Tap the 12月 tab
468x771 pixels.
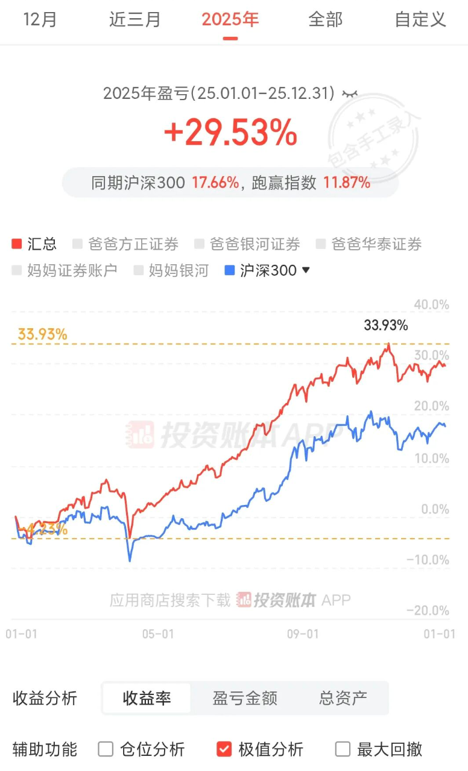point(40,19)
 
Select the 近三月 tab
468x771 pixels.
point(135,19)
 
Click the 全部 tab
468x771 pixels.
point(325,19)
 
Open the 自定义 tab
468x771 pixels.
point(420,19)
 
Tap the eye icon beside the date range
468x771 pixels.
point(350,94)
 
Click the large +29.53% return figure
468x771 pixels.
point(230,133)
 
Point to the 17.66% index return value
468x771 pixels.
point(215,183)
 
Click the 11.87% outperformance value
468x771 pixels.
point(347,183)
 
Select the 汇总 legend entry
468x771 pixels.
point(34,244)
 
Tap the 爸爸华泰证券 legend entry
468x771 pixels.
point(369,244)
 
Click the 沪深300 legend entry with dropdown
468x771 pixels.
point(267,270)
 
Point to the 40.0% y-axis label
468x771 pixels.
point(431,305)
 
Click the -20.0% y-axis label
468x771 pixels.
point(428,611)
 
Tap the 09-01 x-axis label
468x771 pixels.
point(302,634)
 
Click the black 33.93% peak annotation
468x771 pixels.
point(386,326)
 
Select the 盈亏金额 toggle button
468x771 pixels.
point(245,699)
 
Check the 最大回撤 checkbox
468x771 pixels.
point(343,749)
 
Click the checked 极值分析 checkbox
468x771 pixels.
point(224,749)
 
